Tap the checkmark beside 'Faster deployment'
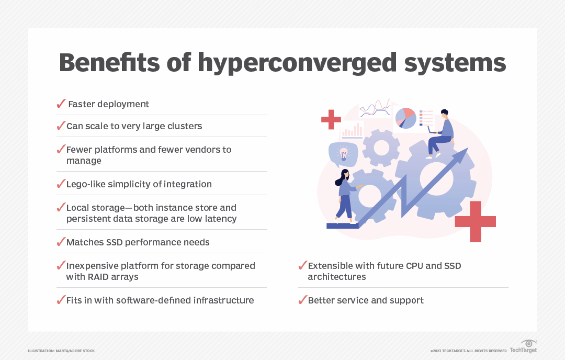[x=61, y=104]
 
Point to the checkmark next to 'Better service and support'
[x=302, y=300]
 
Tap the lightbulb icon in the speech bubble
[x=343, y=153]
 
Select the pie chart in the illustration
[x=405, y=118]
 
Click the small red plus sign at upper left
[x=331, y=119]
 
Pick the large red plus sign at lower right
[x=475, y=221]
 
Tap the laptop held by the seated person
[x=432, y=129]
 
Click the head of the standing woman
[x=344, y=174]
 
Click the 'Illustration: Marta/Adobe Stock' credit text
[x=61, y=351]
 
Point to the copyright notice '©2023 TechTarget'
[x=468, y=351]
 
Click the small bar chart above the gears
[x=352, y=130]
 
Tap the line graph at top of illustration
[x=375, y=108]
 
